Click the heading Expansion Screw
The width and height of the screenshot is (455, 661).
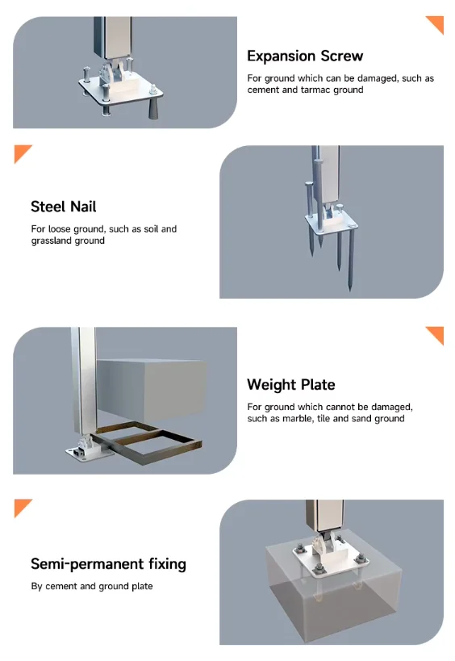tap(305, 56)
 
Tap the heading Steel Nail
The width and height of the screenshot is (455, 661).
tap(64, 207)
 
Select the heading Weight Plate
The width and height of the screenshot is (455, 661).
tap(291, 384)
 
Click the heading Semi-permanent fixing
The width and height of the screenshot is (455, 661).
tap(109, 564)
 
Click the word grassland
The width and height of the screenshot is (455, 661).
tap(49, 241)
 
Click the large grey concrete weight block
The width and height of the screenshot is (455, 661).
tap(152, 390)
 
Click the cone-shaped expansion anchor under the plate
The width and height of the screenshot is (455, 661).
tap(154, 109)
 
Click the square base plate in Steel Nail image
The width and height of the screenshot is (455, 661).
tap(331, 224)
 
